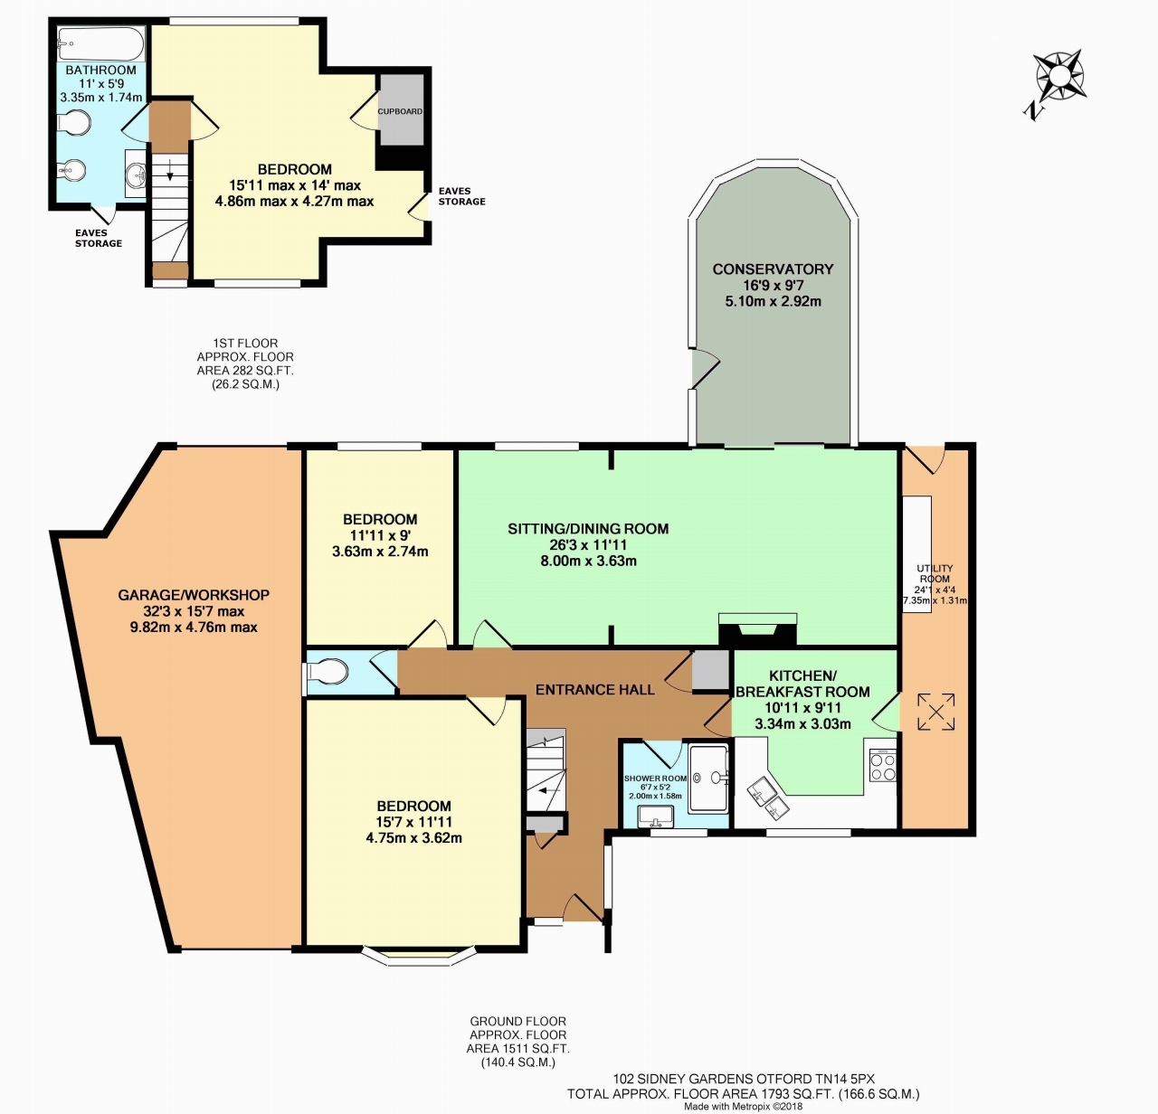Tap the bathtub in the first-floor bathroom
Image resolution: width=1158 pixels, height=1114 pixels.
(x=100, y=42)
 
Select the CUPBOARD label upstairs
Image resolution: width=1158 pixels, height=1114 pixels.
(x=400, y=111)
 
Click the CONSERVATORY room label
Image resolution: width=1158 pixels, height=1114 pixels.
(x=773, y=269)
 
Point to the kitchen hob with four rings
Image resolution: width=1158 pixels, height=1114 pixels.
(x=883, y=766)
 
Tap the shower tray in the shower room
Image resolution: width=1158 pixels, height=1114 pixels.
(x=708, y=779)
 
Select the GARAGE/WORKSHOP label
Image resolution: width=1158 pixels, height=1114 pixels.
(x=194, y=595)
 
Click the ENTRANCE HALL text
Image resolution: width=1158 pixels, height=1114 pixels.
(x=595, y=690)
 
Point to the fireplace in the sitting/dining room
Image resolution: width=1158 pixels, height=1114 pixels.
(x=757, y=629)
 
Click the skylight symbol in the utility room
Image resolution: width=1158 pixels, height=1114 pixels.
(x=936, y=712)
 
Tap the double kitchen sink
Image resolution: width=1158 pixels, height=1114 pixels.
(x=769, y=798)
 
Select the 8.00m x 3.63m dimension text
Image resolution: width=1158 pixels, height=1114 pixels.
(x=589, y=561)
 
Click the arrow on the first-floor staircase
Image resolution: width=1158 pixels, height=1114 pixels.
(x=170, y=171)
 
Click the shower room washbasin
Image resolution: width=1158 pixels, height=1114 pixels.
(x=655, y=817)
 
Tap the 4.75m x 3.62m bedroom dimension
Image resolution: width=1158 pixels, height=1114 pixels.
(x=414, y=838)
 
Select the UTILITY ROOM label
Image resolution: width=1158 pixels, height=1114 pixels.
(x=935, y=573)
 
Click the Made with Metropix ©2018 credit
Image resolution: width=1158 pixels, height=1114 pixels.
(x=744, y=1107)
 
